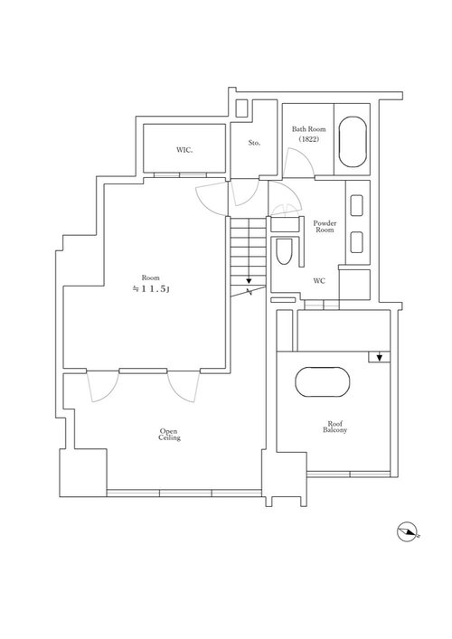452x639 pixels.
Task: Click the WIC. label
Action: point(184,150)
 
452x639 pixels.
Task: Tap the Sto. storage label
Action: point(254,143)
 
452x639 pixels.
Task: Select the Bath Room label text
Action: point(308,129)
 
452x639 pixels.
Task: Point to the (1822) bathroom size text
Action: point(308,139)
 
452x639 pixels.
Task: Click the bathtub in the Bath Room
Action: point(353,142)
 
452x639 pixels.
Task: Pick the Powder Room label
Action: point(325,226)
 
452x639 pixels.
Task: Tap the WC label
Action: point(319,281)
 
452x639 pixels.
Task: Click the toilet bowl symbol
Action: point(284,251)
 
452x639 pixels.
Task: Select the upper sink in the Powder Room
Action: point(356,206)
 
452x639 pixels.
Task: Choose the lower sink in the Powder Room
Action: point(356,242)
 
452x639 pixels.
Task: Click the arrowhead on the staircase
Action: point(249,281)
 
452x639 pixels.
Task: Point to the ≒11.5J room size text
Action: point(150,289)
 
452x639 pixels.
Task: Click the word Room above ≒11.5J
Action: point(150,278)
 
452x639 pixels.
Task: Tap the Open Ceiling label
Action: point(169,435)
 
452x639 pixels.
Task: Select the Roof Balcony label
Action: point(334,427)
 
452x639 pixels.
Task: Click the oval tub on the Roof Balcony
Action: point(323,381)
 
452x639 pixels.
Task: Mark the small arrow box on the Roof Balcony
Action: point(379,357)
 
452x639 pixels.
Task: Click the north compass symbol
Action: point(407,531)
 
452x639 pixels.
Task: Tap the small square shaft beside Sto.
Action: point(241,108)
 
